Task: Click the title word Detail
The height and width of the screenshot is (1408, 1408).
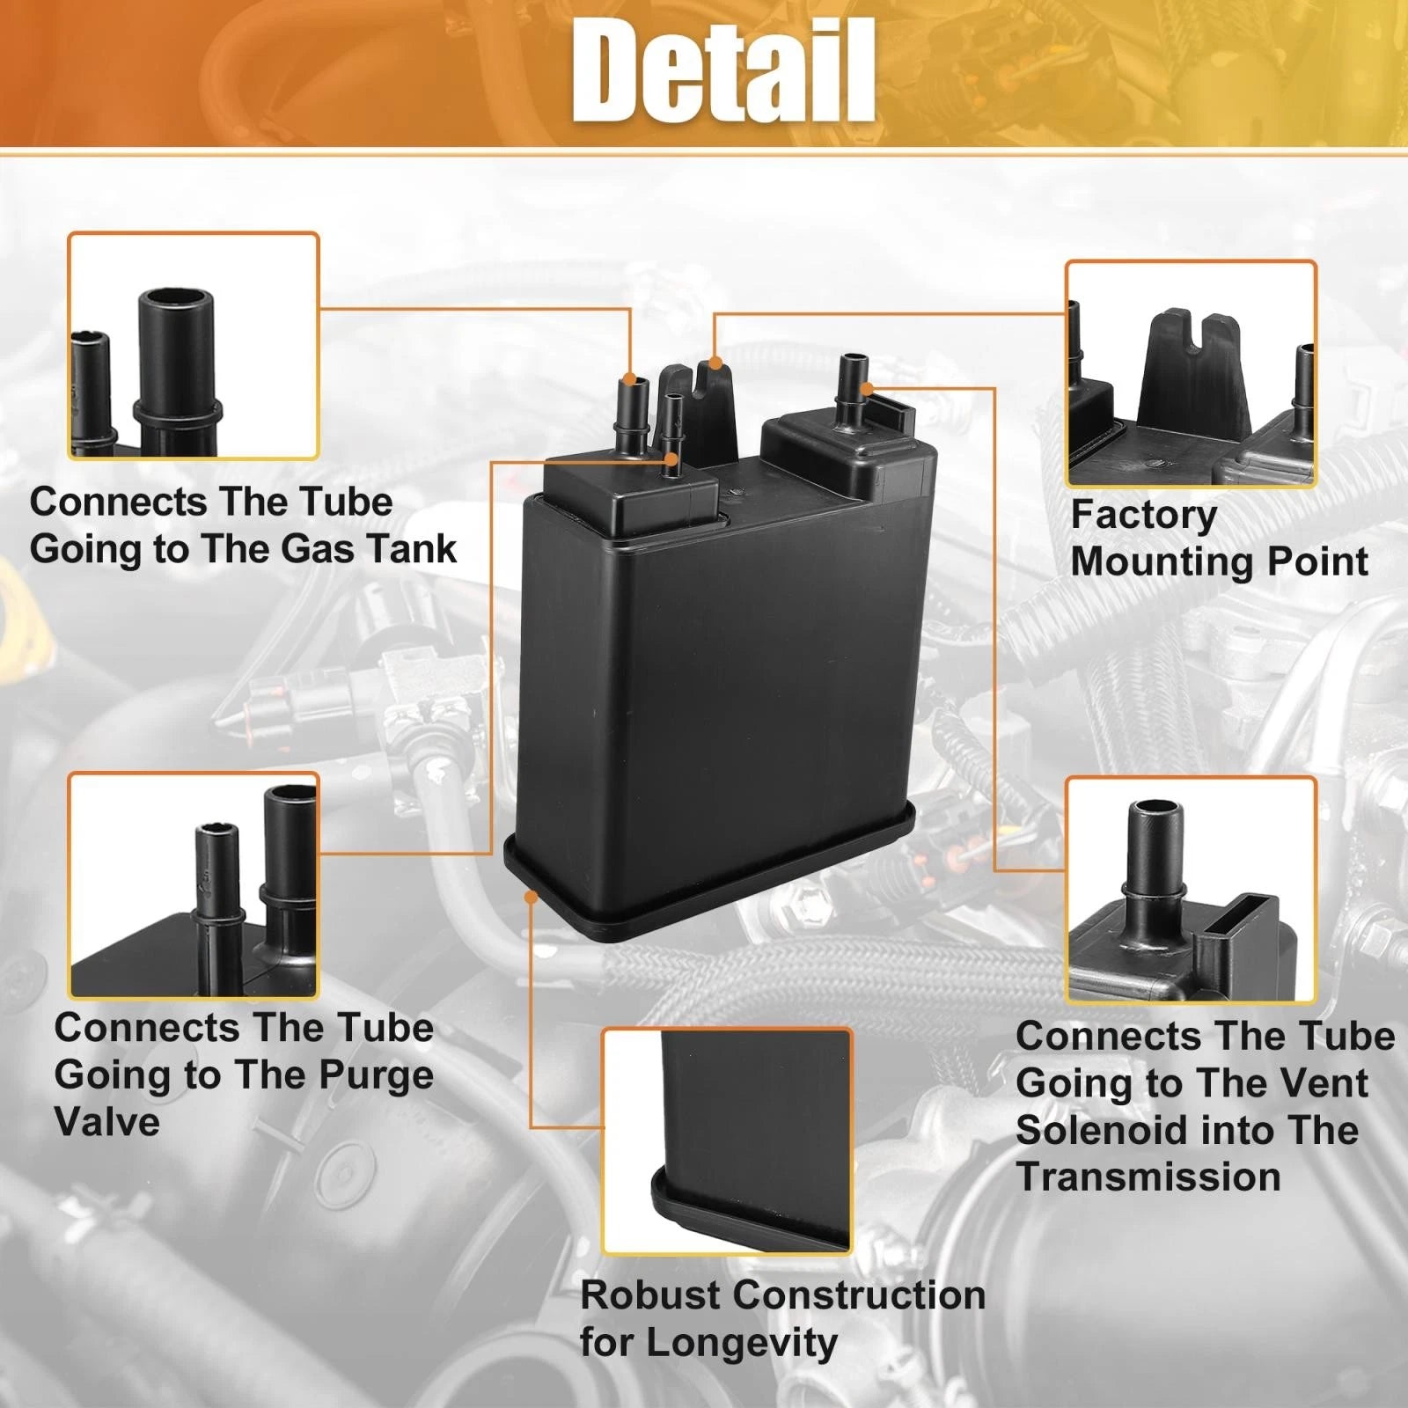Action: [723, 70]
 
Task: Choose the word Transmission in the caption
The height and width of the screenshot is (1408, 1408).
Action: [1148, 1177]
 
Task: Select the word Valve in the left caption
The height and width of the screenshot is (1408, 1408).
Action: [106, 1122]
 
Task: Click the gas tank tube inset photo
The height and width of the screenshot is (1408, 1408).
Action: [194, 346]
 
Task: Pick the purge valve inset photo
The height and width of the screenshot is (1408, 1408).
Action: [194, 885]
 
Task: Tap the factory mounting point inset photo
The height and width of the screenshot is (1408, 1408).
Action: [1191, 373]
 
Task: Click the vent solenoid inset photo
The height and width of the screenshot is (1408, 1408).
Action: [1191, 891]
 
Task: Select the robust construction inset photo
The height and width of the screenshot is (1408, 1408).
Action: [728, 1140]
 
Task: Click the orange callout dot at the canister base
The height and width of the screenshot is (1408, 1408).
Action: [531, 896]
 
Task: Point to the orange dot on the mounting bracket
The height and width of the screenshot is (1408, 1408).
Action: [715, 363]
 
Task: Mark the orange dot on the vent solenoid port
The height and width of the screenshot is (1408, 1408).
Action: [867, 388]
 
